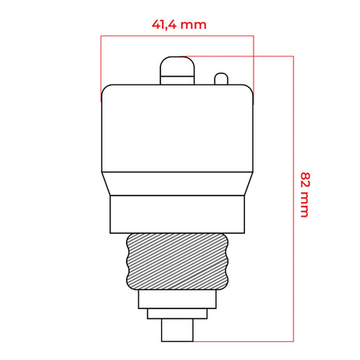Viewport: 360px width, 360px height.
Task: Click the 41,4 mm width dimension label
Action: (x=179, y=25)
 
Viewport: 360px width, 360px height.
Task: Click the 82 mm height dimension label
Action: (x=305, y=195)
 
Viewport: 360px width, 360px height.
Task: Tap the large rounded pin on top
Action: (x=177, y=70)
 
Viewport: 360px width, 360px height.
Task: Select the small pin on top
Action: (x=221, y=79)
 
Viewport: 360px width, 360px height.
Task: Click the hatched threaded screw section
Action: (x=178, y=261)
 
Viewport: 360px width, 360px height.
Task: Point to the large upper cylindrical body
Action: (x=178, y=128)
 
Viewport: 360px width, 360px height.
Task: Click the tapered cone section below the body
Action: (x=178, y=184)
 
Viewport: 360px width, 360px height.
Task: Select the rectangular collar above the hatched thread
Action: (x=178, y=214)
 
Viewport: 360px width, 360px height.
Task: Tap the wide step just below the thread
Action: (x=178, y=299)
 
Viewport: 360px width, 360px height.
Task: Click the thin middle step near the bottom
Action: (x=178, y=314)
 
